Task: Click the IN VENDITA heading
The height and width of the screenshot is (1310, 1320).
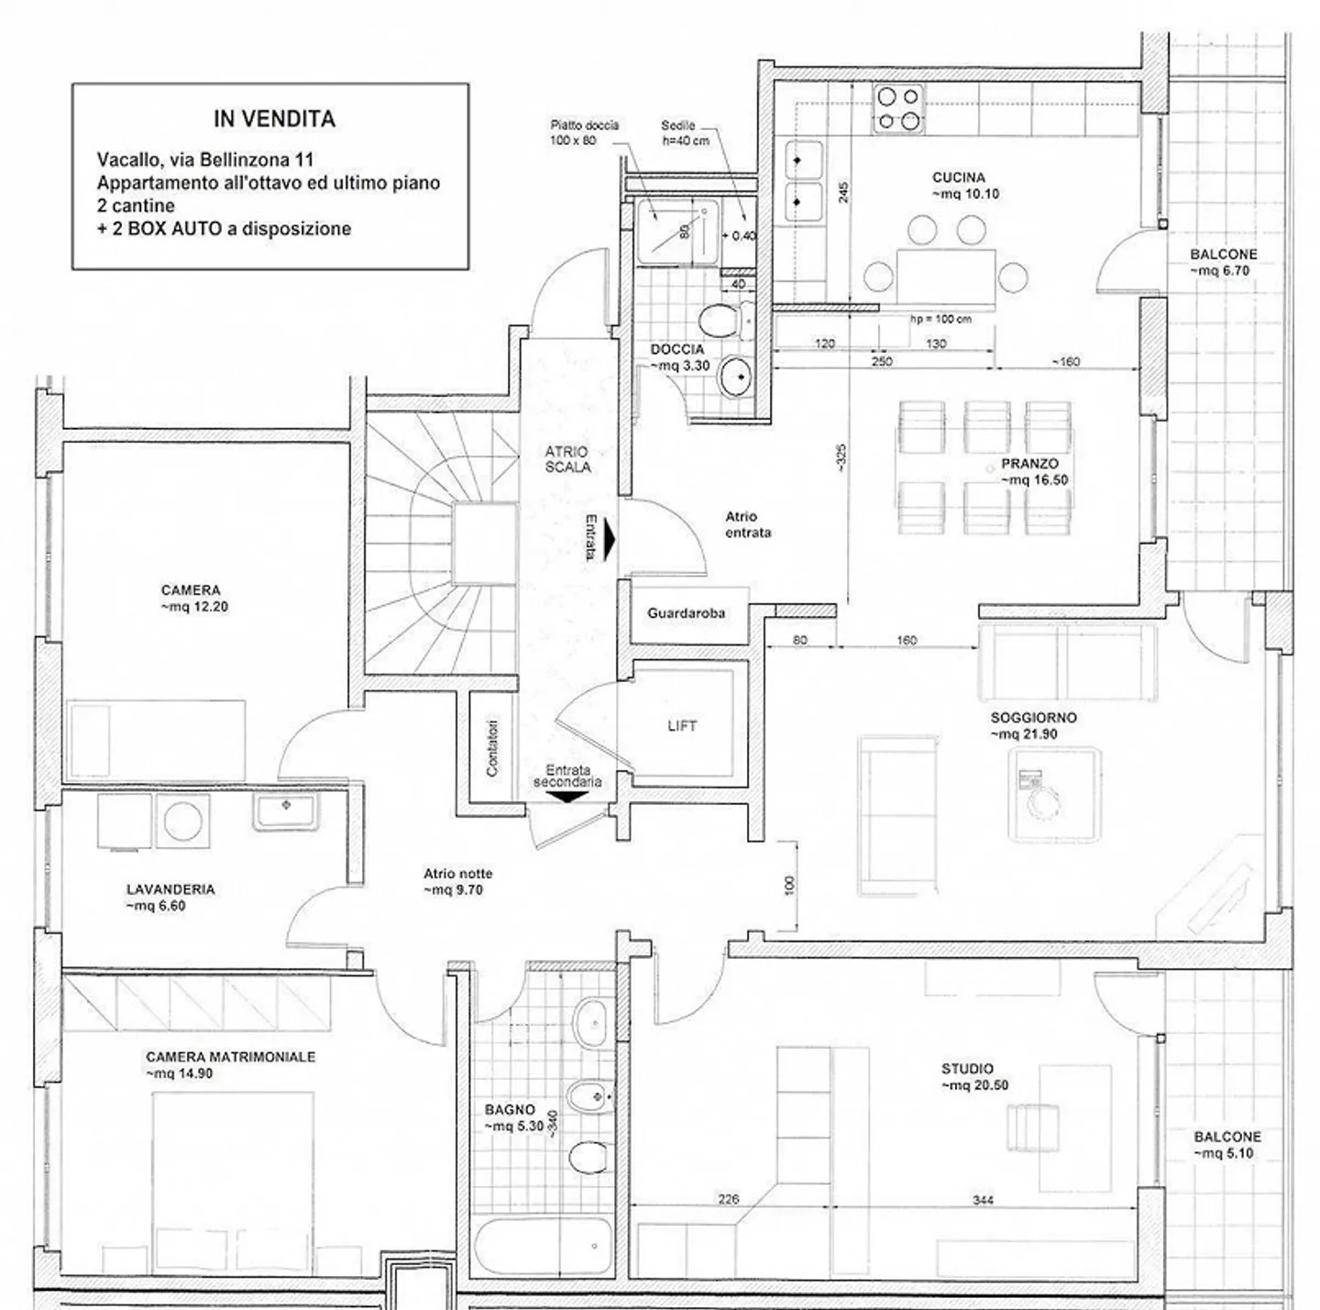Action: (274, 119)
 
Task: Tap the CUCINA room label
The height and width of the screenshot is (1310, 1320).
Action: (958, 178)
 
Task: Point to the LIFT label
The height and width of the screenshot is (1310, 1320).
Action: (682, 725)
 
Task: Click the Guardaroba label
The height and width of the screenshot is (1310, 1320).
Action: (686, 613)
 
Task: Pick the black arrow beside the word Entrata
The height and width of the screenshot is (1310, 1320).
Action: (609, 539)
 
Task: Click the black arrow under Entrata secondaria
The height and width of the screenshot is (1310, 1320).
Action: (568, 797)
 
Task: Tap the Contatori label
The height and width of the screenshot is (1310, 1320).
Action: (492, 747)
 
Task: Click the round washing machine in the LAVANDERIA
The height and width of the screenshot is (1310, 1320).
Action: (183, 820)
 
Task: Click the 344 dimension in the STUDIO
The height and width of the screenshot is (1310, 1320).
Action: (983, 1200)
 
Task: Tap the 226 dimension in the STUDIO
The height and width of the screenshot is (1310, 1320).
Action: (728, 1199)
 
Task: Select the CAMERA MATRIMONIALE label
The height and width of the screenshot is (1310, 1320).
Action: (230, 1057)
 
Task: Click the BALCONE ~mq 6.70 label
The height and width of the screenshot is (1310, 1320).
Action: (1224, 262)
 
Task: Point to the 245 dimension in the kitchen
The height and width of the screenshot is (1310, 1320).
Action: (843, 192)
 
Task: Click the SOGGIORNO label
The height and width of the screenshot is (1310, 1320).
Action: (1034, 718)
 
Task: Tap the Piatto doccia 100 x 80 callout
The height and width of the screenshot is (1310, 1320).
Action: (584, 133)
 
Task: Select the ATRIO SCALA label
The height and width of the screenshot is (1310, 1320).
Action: (567, 459)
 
